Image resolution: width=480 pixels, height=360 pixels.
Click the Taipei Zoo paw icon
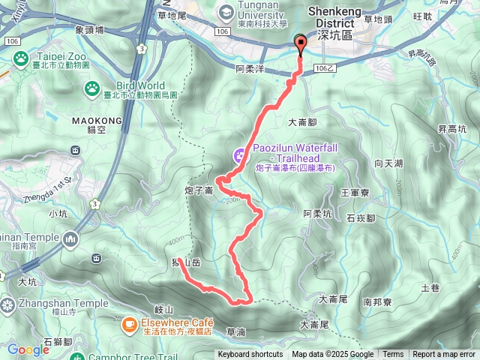coord(19,57)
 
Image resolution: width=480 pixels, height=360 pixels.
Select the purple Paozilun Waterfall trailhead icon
coord(240,155)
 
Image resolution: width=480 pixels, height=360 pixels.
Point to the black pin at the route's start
coord(301,43)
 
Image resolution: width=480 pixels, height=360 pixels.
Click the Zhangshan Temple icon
coord(8,304)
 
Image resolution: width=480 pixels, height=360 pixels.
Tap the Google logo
coord(28,349)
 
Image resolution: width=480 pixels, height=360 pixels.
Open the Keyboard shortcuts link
coord(250,355)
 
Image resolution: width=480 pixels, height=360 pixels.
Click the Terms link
coord(393,355)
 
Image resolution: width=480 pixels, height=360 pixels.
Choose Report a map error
coord(443,355)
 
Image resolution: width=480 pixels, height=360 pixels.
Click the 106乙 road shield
coord(322,67)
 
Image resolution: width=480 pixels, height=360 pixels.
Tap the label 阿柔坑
coord(317,214)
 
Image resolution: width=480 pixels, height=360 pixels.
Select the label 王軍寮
coord(354,193)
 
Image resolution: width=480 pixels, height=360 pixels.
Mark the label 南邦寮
coord(377,303)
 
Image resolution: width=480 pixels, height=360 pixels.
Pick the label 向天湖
coord(389,163)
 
